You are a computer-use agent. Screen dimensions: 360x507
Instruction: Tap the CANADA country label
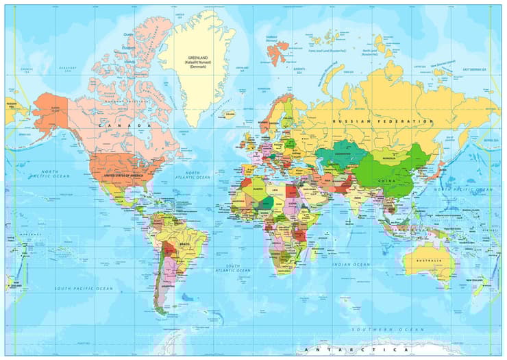124,125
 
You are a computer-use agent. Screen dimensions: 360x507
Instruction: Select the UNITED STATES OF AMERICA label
124,176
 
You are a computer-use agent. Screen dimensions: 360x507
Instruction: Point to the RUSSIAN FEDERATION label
382,121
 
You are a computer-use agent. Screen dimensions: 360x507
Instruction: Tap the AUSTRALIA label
430,261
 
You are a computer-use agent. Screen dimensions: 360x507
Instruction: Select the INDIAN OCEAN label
351,264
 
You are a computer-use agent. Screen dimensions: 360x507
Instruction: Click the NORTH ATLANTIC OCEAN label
193,175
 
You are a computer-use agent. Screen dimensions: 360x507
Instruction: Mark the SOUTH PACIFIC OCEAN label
84,289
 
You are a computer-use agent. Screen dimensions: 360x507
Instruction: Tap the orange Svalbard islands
277,51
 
